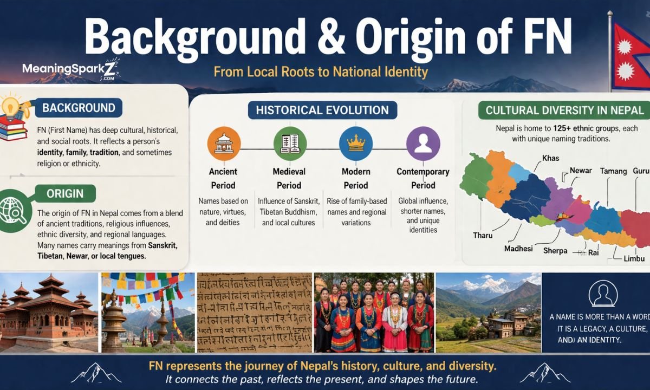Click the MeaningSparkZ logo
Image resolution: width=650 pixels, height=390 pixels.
click(x=70, y=69)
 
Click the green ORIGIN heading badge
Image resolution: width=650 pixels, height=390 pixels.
click(x=64, y=193)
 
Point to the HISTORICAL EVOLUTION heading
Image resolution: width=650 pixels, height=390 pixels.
click(x=322, y=110)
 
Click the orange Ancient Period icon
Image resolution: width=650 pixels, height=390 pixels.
click(x=224, y=143)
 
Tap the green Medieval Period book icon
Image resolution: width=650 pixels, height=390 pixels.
click(x=290, y=143)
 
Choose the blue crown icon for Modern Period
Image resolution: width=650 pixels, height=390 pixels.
click(x=355, y=143)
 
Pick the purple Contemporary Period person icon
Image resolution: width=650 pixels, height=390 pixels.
click(x=422, y=143)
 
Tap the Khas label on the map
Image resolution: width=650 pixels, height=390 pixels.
click(x=550, y=158)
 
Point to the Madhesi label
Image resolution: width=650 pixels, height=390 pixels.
click(x=518, y=249)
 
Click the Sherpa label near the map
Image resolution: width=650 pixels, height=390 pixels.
click(x=555, y=251)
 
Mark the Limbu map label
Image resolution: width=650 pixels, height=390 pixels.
click(x=634, y=259)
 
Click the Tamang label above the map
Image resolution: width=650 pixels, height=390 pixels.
click(x=612, y=171)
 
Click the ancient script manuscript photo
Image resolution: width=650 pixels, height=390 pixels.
click(x=254, y=313)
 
